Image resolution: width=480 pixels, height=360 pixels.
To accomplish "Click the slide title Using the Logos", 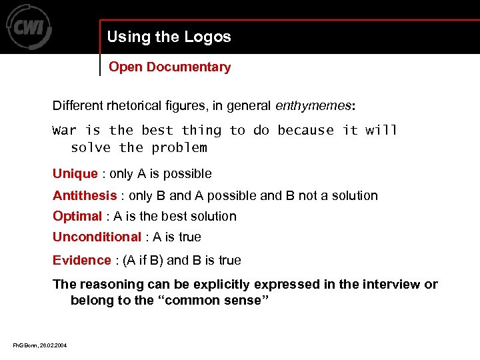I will [169, 37].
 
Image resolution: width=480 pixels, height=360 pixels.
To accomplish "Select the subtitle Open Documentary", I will [169, 67].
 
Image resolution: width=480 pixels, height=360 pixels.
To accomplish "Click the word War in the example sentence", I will [64, 130].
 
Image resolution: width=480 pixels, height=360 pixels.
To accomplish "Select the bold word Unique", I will [75, 174].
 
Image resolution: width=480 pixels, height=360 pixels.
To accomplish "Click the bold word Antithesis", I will [85, 195].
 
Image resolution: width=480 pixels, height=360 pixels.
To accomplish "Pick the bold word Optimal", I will [77, 216].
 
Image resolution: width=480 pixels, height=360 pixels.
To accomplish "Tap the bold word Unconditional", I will [97, 237].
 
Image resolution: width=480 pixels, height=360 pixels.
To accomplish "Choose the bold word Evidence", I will [81, 260].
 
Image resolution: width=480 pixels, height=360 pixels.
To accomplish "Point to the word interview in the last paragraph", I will [383, 284].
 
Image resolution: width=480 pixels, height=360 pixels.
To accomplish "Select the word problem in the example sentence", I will [179, 147].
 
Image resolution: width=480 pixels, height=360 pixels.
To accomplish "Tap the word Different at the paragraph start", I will [79, 105].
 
